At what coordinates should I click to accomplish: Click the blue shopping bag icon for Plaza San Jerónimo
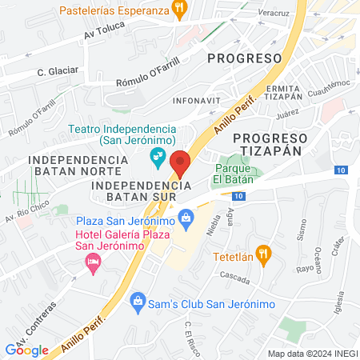click(x=186, y=216)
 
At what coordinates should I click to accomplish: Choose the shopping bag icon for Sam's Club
click(x=138, y=301)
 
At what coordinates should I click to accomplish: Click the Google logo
click(x=26, y=349)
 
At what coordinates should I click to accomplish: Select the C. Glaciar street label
click(x=58, y=70)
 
